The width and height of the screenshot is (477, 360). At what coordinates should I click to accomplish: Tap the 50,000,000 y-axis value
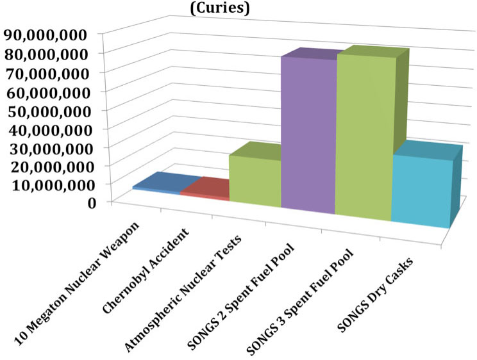49,109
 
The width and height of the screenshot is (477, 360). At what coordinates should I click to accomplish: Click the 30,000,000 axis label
49,147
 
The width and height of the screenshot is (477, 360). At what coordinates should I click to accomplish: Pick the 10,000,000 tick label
49,184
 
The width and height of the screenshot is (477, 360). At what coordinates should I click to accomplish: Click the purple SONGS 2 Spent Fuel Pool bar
308,135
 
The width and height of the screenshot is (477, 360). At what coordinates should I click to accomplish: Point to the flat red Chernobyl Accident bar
204,189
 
